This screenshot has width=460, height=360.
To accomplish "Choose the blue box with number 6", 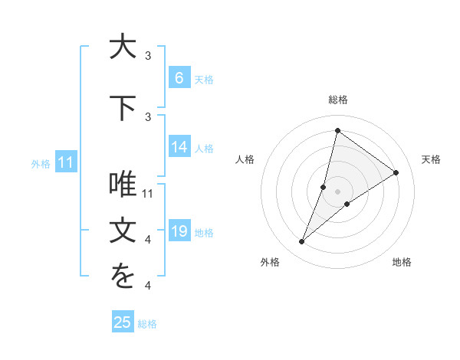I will tap(179, 77).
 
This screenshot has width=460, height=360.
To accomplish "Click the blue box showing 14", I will tap(179, 147).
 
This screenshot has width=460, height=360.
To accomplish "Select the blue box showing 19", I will tap(179, 231).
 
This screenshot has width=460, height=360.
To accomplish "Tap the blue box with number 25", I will tap(123, 322).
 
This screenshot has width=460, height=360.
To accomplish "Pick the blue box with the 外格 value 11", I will tap(65, 162).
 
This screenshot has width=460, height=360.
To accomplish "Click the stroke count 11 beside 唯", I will tap(149, 193).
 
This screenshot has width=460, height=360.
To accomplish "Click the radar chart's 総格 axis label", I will tap(338, 100).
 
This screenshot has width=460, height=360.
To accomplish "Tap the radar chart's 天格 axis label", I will tap(431, 159).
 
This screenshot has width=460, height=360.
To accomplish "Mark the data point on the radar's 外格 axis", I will tap(301, 242).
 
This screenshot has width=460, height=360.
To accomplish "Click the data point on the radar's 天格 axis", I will tap(396, 172).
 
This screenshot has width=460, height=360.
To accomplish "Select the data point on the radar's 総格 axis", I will tap(337, 131).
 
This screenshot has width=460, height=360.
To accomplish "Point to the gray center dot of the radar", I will tap(337, 191).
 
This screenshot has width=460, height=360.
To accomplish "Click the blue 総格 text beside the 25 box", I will tap(147, 324).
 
